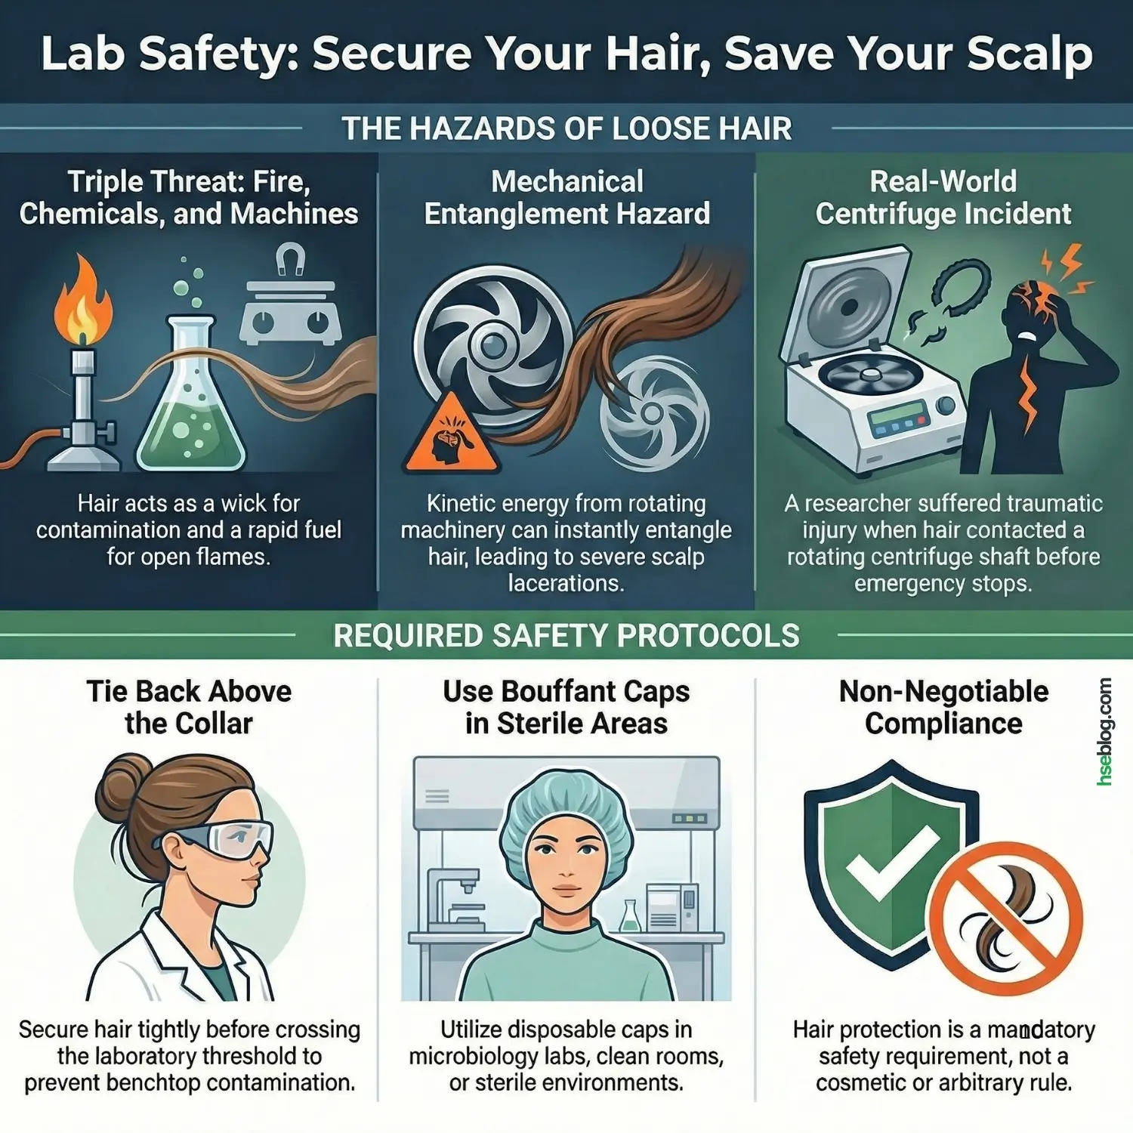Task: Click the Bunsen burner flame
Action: coord(82,302)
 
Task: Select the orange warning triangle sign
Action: coord(452,434)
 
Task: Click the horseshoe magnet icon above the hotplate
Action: coord(290,259)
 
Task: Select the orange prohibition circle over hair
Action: coord(1005,918)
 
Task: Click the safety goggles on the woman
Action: coord(223,838)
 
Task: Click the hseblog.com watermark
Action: coord(1104,731)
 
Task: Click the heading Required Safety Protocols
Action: coord(566,636)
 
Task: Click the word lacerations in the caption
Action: coord(566,583)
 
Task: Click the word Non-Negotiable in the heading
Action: coord(943,691)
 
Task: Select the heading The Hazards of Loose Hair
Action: coord(566,128)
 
